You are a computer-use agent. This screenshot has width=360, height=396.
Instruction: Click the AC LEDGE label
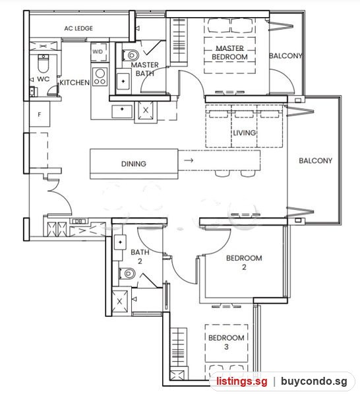coord(78,28)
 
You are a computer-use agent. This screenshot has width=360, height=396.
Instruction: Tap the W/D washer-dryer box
coord(99,52)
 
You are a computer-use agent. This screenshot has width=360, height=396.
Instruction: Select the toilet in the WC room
coord(43,63)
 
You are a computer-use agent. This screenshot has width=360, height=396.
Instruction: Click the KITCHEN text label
coord(75,82)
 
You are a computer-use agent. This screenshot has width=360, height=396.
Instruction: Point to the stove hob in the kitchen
coord(100,77)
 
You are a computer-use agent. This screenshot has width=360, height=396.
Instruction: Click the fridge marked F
coord(40,114)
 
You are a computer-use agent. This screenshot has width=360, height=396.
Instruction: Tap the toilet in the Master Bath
coord(131,55)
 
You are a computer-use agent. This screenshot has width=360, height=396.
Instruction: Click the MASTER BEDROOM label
coord(229,53)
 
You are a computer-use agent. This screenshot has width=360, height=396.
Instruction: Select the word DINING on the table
coord(134,164)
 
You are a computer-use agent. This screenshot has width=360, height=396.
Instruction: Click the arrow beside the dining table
coord(189,160)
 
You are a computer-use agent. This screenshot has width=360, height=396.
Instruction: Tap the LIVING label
coord(244,133)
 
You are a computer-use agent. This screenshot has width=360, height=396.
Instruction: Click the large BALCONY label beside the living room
coord(315,160)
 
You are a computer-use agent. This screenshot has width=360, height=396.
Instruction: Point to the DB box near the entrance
coord(79,221)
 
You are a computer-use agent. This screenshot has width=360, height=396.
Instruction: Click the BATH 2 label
coord(140,257)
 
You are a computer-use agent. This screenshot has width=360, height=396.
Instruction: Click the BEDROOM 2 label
coord(244,263)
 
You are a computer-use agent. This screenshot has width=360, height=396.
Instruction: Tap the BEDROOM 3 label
coord(226,342)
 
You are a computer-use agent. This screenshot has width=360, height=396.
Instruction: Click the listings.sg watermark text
coord(242,381)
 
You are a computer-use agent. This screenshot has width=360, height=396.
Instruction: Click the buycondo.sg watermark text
coord(314,381)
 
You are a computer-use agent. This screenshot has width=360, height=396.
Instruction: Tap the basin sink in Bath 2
coord(120,242)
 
